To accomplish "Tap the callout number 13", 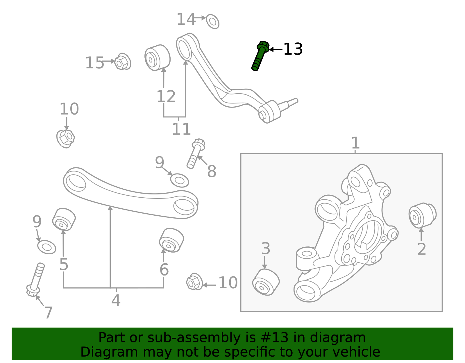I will click(293, 49).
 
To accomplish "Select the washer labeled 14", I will click(212, 22).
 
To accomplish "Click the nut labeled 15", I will click(122, 62).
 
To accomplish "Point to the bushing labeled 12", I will click(157, 58).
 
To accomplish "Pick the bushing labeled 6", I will click(171, 240).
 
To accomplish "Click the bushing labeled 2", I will click(422, 215).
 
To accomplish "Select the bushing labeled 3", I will click(266, 282).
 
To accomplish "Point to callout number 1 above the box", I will click(355, 143).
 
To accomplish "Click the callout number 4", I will click(116, 300).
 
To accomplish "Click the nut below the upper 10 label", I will click(66, 138).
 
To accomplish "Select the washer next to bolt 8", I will click(179, 180).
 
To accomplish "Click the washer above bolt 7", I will click(46, 247).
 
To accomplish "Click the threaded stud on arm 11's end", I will click(289, 103).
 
